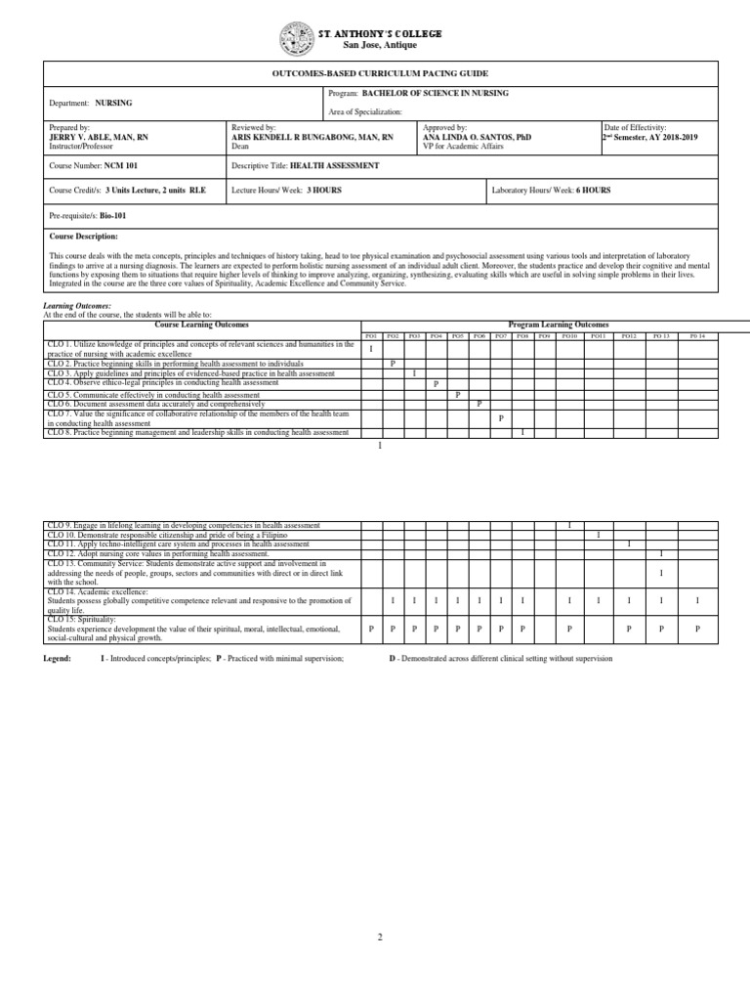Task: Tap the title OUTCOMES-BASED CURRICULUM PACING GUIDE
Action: (x=380, y=74)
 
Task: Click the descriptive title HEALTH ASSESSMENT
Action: (x=334, y=166)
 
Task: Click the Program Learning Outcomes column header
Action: (x=558, y=324)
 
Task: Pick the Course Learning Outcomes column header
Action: (x=202, y=324)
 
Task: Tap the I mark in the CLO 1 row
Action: (x=371, y=348)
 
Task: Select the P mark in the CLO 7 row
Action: (x=501, y=417)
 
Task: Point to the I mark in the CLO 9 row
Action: (x=569, y=526)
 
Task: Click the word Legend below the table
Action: (x=57, y=659)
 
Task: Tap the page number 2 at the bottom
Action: (x=380, y=936)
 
